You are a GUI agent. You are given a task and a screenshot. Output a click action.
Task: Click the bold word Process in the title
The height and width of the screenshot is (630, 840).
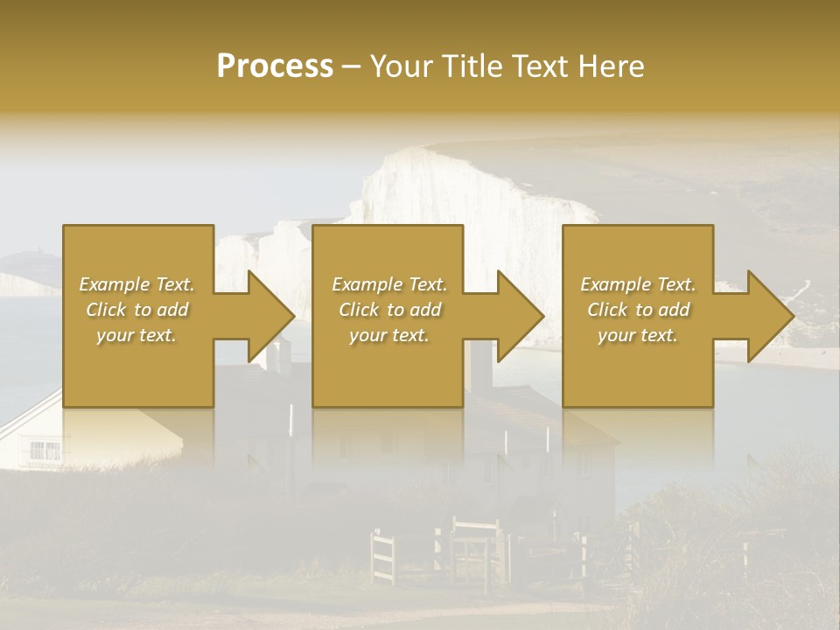275,66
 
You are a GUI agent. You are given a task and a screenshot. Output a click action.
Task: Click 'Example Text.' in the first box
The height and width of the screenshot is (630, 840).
137,284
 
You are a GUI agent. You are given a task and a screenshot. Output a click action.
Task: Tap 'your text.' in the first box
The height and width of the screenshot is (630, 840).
137,335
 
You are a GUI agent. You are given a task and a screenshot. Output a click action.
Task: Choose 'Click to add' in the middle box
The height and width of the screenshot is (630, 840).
389,310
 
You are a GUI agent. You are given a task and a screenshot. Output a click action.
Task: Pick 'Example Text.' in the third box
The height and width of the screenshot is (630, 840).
638,284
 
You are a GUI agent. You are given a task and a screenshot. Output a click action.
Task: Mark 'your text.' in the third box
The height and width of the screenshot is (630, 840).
638,335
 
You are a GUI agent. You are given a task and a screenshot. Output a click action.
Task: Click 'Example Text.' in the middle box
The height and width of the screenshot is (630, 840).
389,284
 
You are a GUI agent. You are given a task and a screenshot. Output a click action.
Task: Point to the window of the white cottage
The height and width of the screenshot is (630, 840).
45,451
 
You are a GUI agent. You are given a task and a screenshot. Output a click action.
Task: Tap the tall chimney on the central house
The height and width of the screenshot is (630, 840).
480,367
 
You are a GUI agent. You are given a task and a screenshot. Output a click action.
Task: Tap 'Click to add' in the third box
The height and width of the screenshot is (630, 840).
638,310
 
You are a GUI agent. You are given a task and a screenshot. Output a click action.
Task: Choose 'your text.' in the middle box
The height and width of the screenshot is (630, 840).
389,335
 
